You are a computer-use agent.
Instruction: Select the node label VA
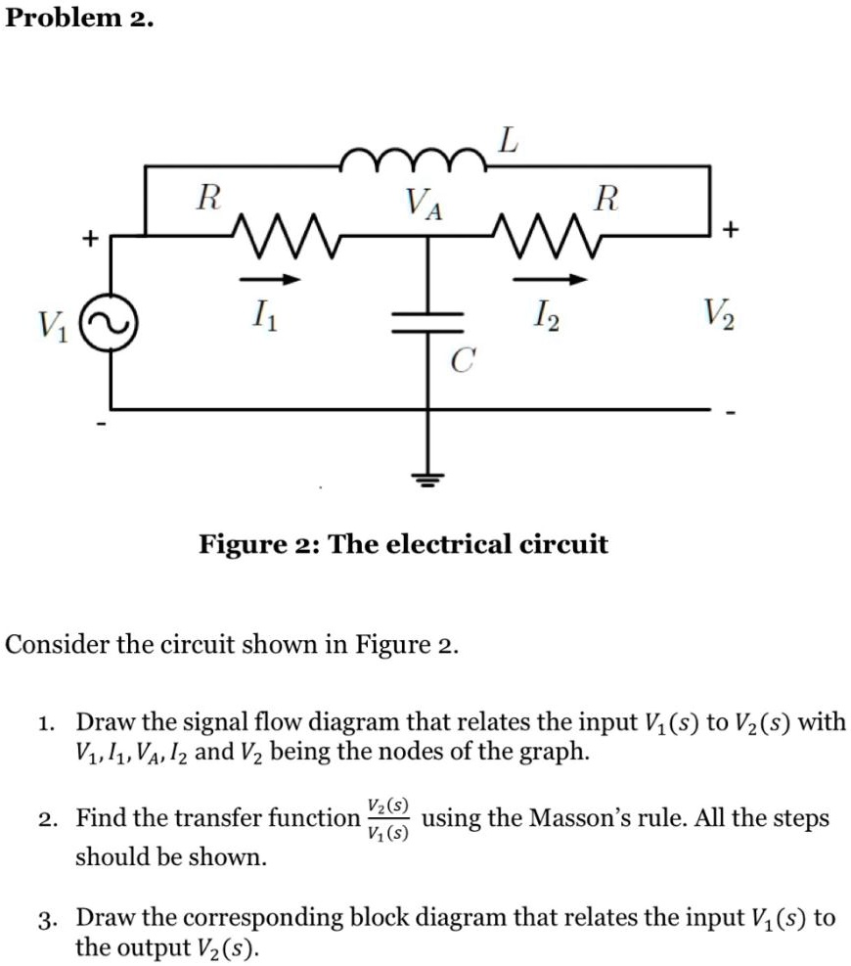[425, 207]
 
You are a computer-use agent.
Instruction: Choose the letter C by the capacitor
[463, 362]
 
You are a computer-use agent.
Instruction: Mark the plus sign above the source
[89, 237]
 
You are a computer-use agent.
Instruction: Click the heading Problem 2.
[77, 20]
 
